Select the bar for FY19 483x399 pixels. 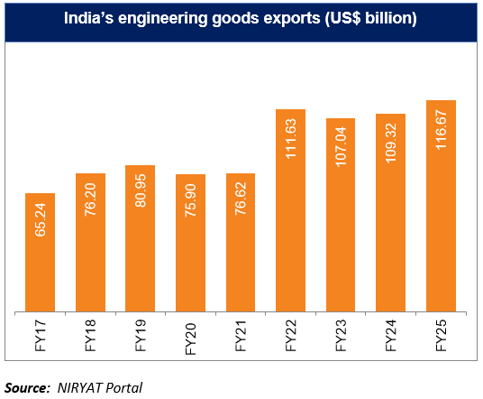pyautogui.click(x=140, y=239)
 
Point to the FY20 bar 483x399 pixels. pyautogui.click(x=189, y=244)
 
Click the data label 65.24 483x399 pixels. pyautogui.click(x=40, y=225)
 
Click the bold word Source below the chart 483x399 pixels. pyautogui.click(x=27, y=386)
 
